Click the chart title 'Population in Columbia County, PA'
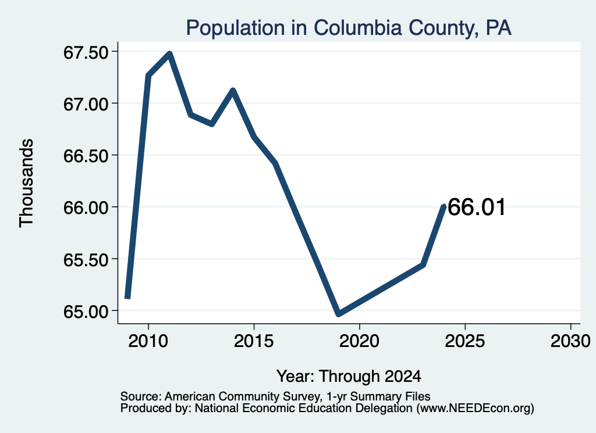(x=349, y=28)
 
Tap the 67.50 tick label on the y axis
(x=86, y=52)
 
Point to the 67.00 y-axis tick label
(x=86, y=104)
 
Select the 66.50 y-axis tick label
(x=86, y=156)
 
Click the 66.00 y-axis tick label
(x=86, y=207)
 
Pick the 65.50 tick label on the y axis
(x=86, y=260)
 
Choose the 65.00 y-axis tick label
(x=86, y=312)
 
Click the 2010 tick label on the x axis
(x=148, y=341)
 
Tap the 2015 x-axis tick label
(x=254, y=341)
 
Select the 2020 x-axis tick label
(x=359, y=341)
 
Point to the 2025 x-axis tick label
(x=465, y=341)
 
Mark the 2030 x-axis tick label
(x=570, y=341)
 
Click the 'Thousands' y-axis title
(x=27, y=183)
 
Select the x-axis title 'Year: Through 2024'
(x=349, y=377)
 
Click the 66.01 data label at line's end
(x=477, y=207)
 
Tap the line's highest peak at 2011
(x=170, y=54)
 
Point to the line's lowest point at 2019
(x=339, y=314)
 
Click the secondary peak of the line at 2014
(x=233, y=90)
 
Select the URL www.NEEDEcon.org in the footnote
(x=475, y=409)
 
